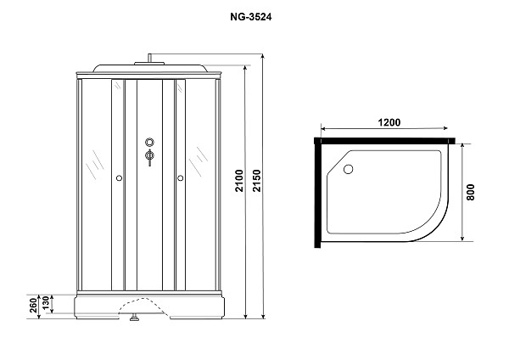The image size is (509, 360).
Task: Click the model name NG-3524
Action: [148, 14]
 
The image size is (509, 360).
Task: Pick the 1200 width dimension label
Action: [389, 122]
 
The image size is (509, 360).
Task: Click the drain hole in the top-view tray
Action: [346, 168]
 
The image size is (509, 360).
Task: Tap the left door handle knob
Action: [119, 178]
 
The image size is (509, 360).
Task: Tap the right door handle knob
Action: [181, 178]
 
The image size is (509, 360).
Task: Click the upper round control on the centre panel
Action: [149, 143]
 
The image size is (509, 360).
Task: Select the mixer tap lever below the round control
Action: [149, 157]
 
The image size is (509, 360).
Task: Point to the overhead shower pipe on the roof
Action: [149, 59]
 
